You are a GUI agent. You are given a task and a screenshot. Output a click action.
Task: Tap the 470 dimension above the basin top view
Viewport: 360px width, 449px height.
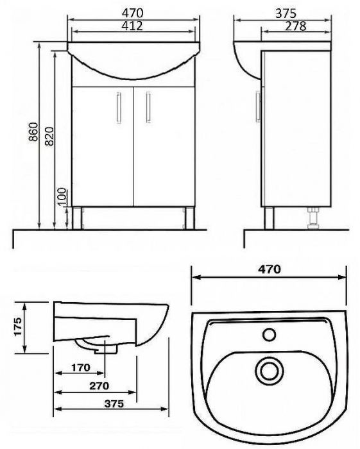(x=270, y=270)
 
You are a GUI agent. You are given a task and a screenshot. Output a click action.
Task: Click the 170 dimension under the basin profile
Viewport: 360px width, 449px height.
(x=79, y=368)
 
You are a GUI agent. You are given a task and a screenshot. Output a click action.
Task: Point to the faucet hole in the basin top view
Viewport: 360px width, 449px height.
(x=270, y=335)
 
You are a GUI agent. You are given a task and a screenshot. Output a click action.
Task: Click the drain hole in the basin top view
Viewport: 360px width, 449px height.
(x=268, y=369)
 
